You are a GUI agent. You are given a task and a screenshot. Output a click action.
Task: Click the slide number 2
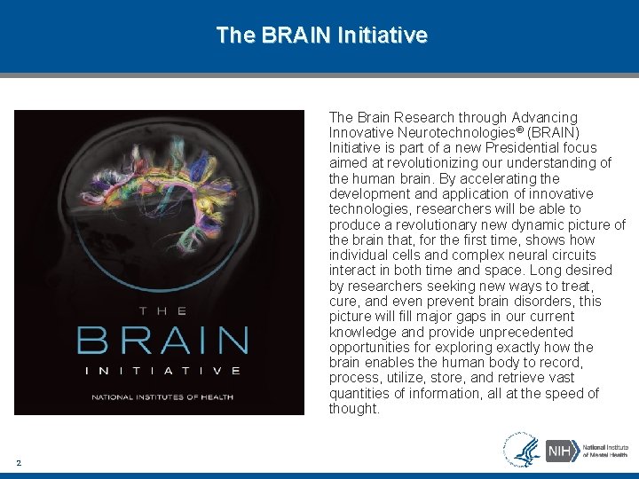click(x=19, y=462)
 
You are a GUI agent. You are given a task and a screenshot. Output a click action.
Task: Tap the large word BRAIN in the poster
click(x=162, y=341)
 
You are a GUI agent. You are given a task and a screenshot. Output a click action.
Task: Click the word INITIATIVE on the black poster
click(x=162, y=371)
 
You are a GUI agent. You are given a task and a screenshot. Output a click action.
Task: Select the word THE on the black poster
click(x=162, y=310)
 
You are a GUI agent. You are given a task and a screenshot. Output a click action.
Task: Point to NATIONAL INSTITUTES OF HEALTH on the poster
click(x=162, y=397)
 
